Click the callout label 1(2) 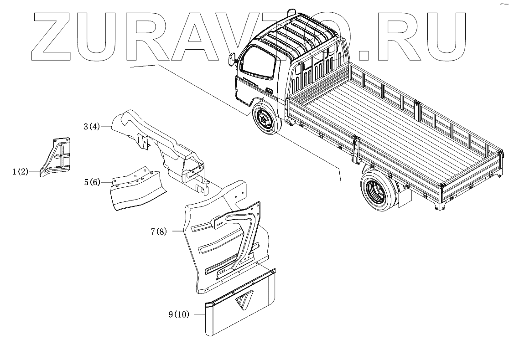pyautogui.click(x=21, y=172)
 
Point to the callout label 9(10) pyautogui.click(x=178, y=314)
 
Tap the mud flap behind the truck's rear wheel pyautogui.click(x=404, y=196)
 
